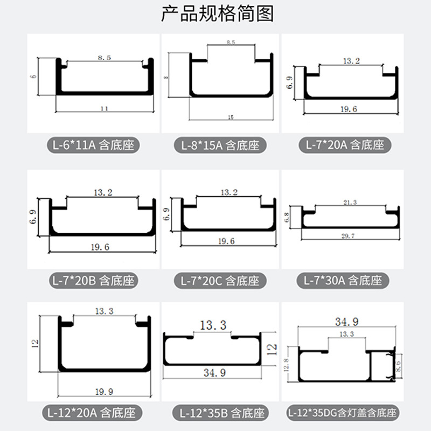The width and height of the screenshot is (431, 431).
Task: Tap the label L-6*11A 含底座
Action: (93, 145)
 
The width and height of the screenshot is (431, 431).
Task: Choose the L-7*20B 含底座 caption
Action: (93, 281)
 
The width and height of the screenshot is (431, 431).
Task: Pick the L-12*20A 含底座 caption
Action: (93, 413)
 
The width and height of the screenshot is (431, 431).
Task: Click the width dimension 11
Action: (104, 108)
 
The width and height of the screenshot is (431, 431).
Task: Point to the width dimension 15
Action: (231, 116)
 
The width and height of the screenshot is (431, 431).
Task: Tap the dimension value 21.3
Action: (350, 203)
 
